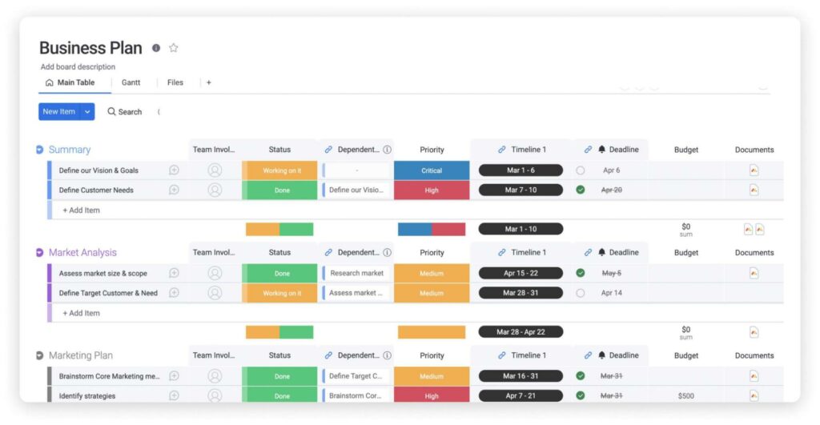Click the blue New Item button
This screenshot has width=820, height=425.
(x=58, y=112)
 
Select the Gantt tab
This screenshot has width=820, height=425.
(x=131, y=82)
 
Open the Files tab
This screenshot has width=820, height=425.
(x=175, y=82)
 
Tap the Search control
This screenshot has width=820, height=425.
(x=125, y=112)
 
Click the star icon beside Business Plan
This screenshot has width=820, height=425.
(x=173, y=48)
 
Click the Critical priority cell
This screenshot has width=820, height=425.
(x=432, y=170)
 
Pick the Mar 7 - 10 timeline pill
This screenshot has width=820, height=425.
(x=521, y=190)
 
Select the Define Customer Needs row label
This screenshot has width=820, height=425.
(x=96, y=190)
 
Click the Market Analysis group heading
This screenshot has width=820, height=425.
(x=82, y=253)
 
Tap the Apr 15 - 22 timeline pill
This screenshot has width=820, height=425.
(x=521, y=273)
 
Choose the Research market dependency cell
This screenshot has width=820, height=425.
(x=356, y=273)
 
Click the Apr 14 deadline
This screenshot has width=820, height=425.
(x=612, y=293)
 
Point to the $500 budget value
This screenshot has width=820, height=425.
(x=685, y=396)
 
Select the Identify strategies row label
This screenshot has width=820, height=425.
(x=87, y=396)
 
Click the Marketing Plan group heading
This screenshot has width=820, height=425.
(x=80, y=355)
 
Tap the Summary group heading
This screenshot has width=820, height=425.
(x=70, y=150)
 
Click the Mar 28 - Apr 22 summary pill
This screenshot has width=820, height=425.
(x=521, y=331)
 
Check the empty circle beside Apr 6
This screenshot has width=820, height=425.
(x=581, y=170)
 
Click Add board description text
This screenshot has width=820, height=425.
(x=78, y=67)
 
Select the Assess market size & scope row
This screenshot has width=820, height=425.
(x=102, y=273)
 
